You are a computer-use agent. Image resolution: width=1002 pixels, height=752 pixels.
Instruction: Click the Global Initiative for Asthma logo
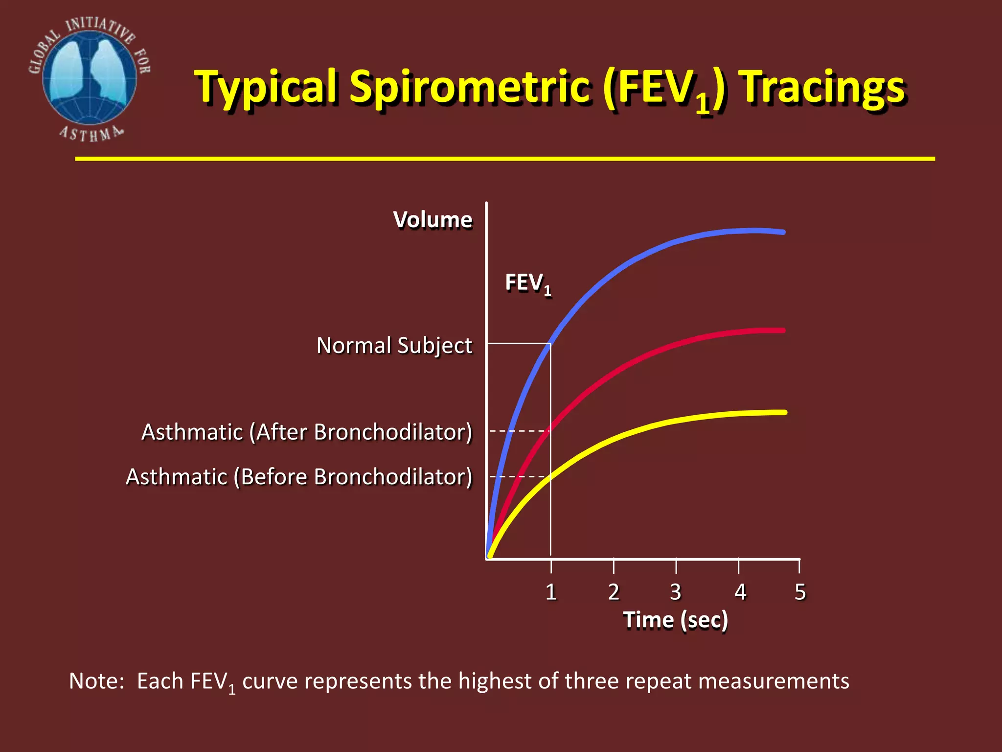[x=90, y=78]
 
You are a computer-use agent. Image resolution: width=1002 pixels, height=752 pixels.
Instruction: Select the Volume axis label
[x=433, y=220]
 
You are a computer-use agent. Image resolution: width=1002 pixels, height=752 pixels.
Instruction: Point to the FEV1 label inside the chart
[x=528, y=283]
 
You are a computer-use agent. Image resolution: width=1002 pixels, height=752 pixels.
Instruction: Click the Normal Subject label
[x=394, y=346]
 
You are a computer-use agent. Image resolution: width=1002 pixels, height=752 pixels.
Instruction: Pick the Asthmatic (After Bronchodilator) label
[x=307, y=432]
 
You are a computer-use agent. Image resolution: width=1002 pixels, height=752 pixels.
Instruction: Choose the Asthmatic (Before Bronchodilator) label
[x=299, y=477]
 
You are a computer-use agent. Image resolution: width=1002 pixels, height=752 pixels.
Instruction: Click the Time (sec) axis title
[x=676, y=620]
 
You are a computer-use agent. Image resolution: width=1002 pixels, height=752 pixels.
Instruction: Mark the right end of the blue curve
[x=783, y=232]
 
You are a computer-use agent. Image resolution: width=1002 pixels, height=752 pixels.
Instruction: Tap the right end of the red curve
[x=783, y=330]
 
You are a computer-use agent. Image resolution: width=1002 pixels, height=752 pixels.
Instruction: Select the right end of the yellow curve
[x=785, y=412]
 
